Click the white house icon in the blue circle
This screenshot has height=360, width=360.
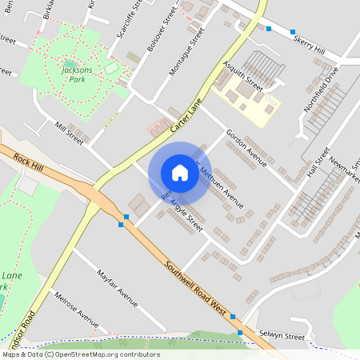pos(179,172)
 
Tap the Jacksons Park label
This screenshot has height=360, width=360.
pos(76,74)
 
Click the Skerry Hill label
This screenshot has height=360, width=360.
pos(309,45)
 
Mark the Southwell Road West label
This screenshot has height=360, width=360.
pos(197,286)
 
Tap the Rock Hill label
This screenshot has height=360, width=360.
pos(29,159)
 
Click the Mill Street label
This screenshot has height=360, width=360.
pos(69,131)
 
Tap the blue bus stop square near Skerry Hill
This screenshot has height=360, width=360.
pos(269,29)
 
